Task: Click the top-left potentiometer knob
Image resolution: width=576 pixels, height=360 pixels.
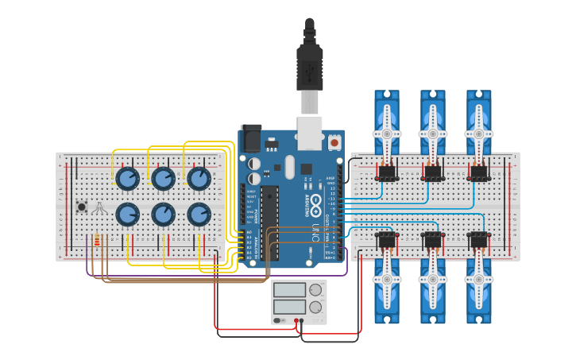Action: click(x=127, y=179)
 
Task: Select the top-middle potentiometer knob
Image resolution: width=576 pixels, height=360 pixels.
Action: click(x=163, y=179)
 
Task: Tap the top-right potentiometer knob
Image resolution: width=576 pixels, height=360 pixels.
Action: click(x=199, y=179)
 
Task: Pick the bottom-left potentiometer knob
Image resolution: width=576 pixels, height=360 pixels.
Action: click(x=127, y=214)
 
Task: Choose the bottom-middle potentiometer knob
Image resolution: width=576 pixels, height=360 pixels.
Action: click(x=163, y=214)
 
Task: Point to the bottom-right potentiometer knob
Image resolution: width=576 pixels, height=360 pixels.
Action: click(x=199, y=214)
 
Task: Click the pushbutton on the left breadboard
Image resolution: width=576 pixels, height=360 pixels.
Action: click(x=81, y=207)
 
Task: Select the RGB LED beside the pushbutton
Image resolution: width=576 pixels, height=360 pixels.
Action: click(x=99, y=207)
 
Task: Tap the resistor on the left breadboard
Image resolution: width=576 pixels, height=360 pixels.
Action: click(x=97, y=240)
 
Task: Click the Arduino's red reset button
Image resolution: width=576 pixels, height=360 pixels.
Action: click(x=334, y=143)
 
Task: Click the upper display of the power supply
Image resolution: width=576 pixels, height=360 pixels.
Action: click(x=289, y=290)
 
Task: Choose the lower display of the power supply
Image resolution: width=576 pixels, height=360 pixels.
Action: click(x=289, y=307)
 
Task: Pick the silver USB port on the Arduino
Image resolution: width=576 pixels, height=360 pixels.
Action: click(x=310, y=133)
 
